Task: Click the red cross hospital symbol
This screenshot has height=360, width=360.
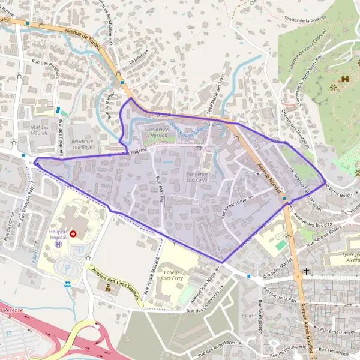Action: click(73, 233)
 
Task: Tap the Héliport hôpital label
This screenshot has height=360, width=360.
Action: click(55, 233)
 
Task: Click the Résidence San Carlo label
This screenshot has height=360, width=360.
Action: click(200, 176)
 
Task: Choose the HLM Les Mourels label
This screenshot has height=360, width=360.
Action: click(43, 130)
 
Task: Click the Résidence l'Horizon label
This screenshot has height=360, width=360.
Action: click(158, 133)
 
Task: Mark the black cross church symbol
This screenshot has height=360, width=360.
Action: click(307, 271)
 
